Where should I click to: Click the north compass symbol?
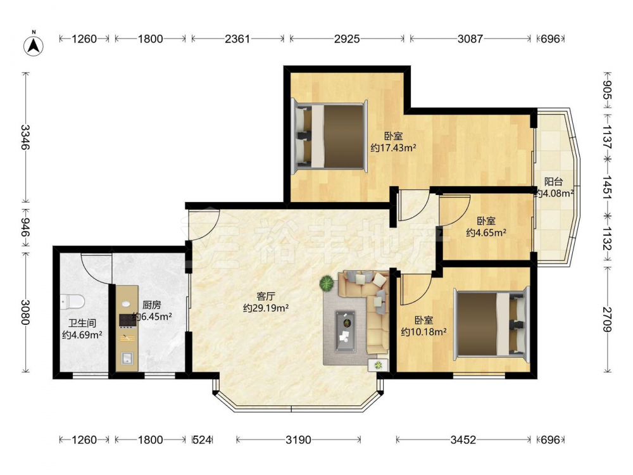34,45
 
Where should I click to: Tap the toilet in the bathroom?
72,301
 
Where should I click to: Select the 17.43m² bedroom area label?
393,142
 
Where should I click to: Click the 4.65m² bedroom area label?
486,227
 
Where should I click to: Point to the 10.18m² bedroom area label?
423,326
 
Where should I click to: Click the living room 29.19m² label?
265,303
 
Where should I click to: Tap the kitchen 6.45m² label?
152,310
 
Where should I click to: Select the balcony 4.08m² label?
554,188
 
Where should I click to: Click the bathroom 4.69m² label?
82,329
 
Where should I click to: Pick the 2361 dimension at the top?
237,39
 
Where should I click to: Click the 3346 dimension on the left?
25,137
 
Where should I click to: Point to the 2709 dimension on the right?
607,319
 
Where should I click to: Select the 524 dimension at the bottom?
202,440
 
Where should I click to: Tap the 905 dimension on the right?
607,90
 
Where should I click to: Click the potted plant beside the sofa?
327,283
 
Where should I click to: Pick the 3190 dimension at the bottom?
298,440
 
